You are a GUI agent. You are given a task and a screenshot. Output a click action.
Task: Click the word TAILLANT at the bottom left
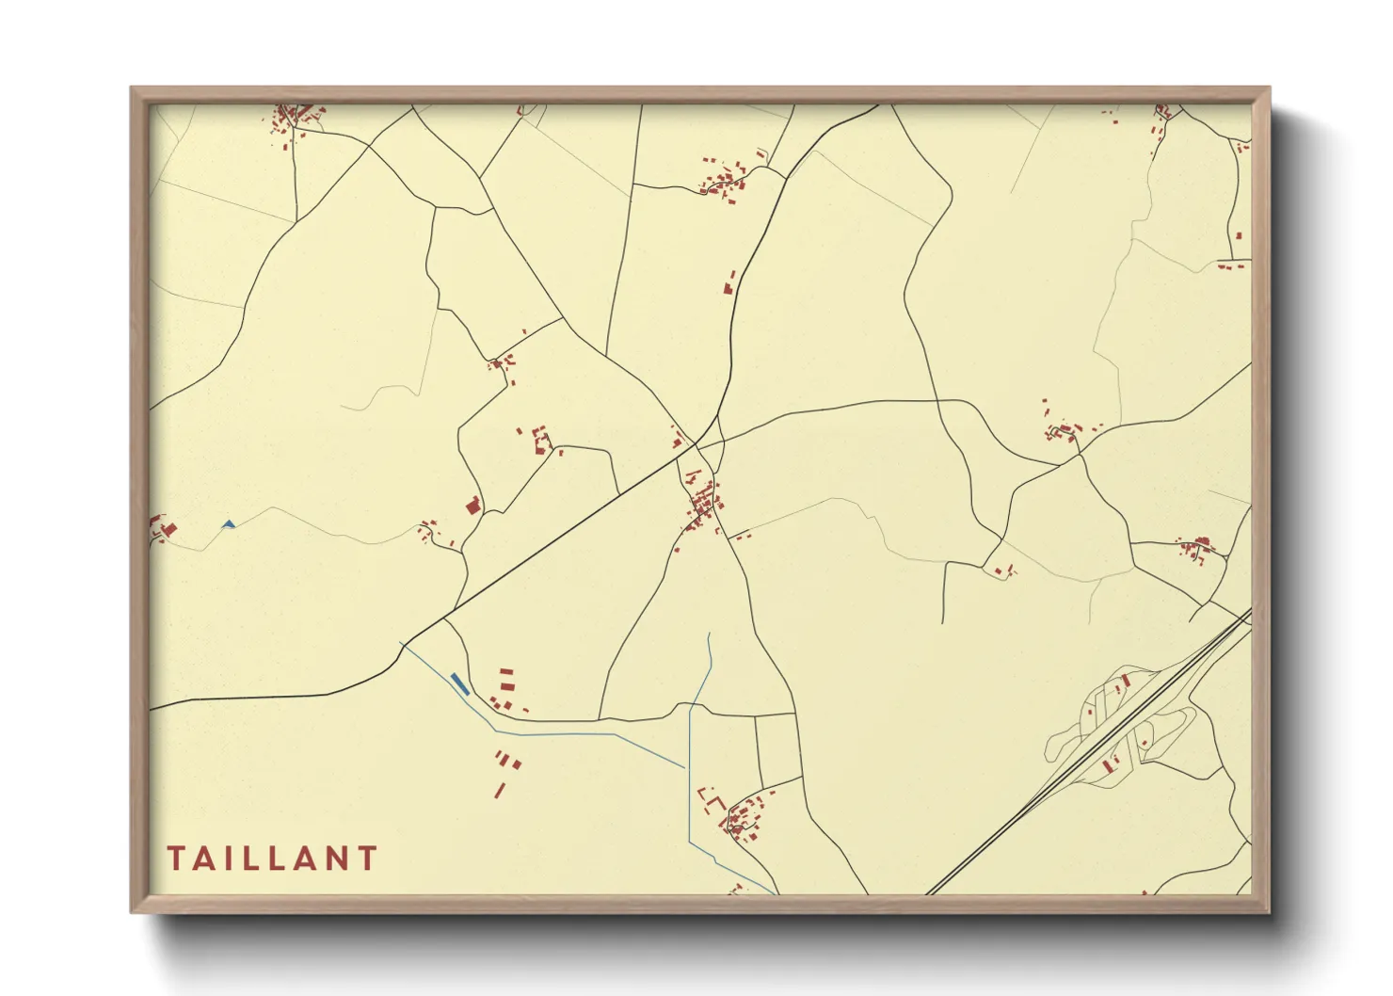[272, 859]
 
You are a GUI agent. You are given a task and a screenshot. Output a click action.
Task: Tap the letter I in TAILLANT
[231, 859]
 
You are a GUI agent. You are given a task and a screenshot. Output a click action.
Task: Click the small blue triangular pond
[228, 524]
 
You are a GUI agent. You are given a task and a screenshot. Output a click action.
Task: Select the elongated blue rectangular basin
[458, 683]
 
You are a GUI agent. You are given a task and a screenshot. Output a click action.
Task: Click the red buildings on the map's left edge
[162, 529]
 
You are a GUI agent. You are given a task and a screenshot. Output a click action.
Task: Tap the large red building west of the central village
[473, 506]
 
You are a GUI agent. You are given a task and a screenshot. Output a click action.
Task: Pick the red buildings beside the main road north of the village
[729, 281]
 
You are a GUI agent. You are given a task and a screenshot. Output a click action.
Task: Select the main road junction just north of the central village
[697, 443]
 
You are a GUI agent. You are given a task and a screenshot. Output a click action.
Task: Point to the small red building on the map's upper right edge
[1239, 235]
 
